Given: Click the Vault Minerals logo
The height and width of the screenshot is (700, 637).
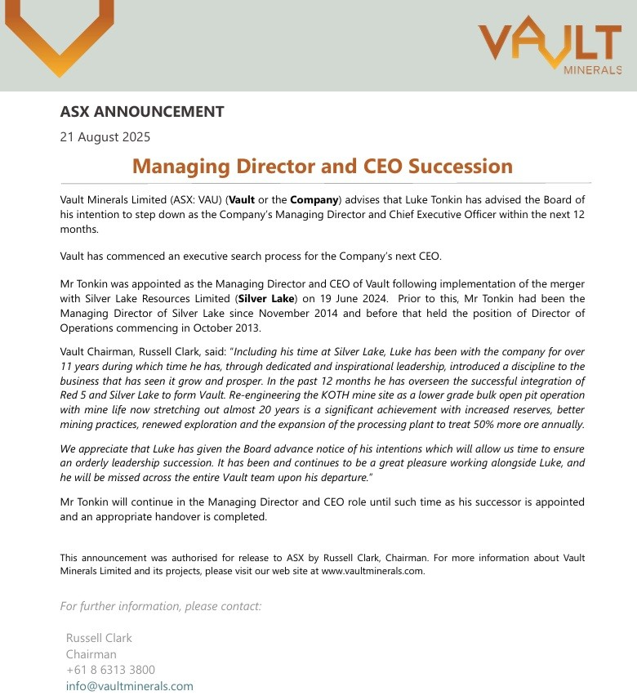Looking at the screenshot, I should tap(550, 45).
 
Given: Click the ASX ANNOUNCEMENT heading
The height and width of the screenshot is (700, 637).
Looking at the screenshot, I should tap(142, 112).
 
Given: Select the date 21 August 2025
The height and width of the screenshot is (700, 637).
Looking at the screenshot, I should tap(105, 137).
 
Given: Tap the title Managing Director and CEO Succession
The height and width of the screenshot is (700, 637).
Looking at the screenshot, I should tap(323, 167).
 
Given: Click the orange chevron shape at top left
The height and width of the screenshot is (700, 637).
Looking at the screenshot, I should tap(59, 37).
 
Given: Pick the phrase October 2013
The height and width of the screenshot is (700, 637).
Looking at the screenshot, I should tap(225, 328).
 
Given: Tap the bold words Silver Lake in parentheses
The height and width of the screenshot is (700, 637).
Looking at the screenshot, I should tap(262, 299).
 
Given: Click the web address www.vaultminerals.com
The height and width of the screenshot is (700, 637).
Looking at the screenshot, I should tap(372, 572).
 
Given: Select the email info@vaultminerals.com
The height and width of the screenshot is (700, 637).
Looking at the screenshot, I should tap(130, 686).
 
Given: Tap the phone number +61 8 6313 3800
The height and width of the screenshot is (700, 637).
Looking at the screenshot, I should tap(110, 670).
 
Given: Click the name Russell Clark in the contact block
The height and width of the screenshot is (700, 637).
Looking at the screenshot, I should tap(99, 638).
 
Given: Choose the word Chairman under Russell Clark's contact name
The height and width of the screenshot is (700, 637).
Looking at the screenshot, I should tap(91, 654).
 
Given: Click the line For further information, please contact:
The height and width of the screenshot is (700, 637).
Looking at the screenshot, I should tap(161, 606).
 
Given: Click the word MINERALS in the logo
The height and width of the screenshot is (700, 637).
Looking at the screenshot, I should tap(593, 71).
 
